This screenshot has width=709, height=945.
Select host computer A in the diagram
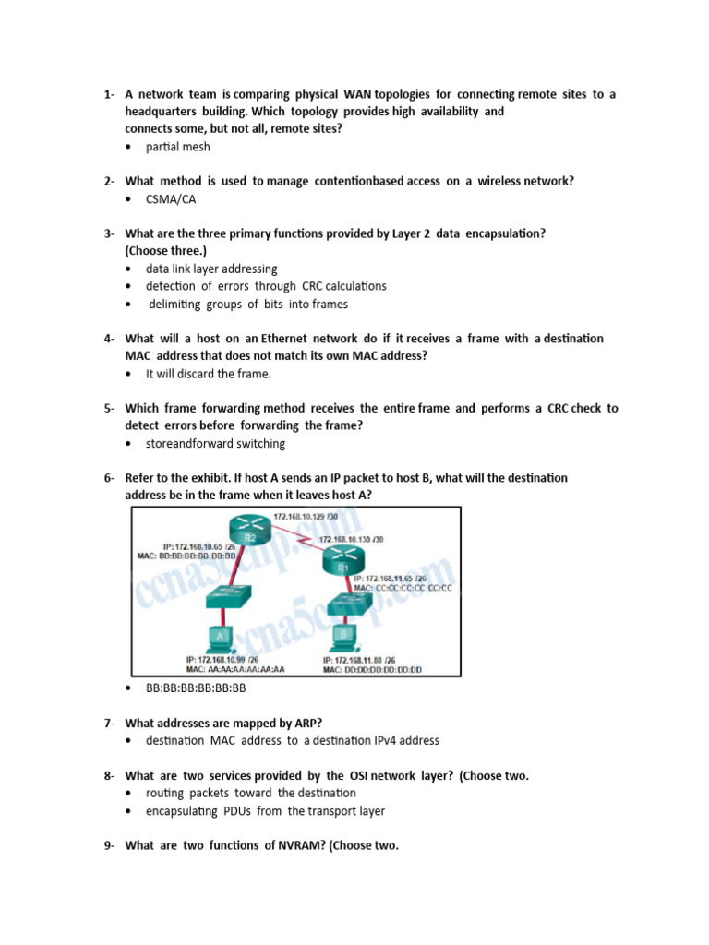(x=221, y=637)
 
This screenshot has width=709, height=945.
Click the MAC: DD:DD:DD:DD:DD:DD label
(x=372, y=670)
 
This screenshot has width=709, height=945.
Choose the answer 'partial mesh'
(x=177, y=147)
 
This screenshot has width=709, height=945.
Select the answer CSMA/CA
(x=171, y=198)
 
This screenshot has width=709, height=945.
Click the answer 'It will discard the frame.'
(x=209, y=374)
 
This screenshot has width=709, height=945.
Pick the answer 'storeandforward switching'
(x=215, y=443)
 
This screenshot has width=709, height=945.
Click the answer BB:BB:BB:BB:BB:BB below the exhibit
(x=196, y=688)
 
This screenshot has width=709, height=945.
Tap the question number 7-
(x=110, y=723)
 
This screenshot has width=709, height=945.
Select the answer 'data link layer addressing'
(x=211, y=269)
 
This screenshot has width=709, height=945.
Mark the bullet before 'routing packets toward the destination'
(x=128, y=793)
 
